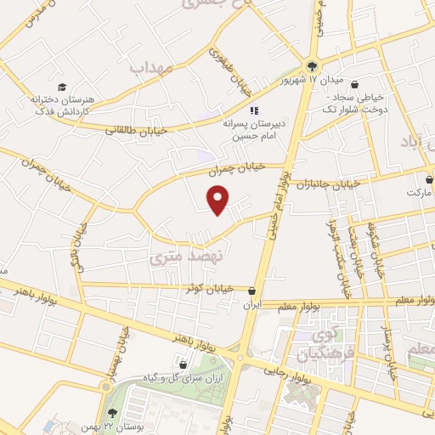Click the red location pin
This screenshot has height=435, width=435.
pyautogui.click(x=219, y=199)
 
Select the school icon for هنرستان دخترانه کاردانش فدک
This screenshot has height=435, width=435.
pyautogui.click(x=61, y=87)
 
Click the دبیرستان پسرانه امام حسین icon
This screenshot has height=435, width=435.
pyautogui.click(x=252, y=110)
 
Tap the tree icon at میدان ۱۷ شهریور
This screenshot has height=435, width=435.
pyautogui.click(x=312, y=68)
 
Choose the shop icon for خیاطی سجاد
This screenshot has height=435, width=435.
pyautogui.click(x=355, y=84)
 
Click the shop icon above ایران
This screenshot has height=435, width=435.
pyautogui.click(x=251, y=291)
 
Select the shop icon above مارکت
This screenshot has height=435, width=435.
pyautogui.click(x=429, y=179)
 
